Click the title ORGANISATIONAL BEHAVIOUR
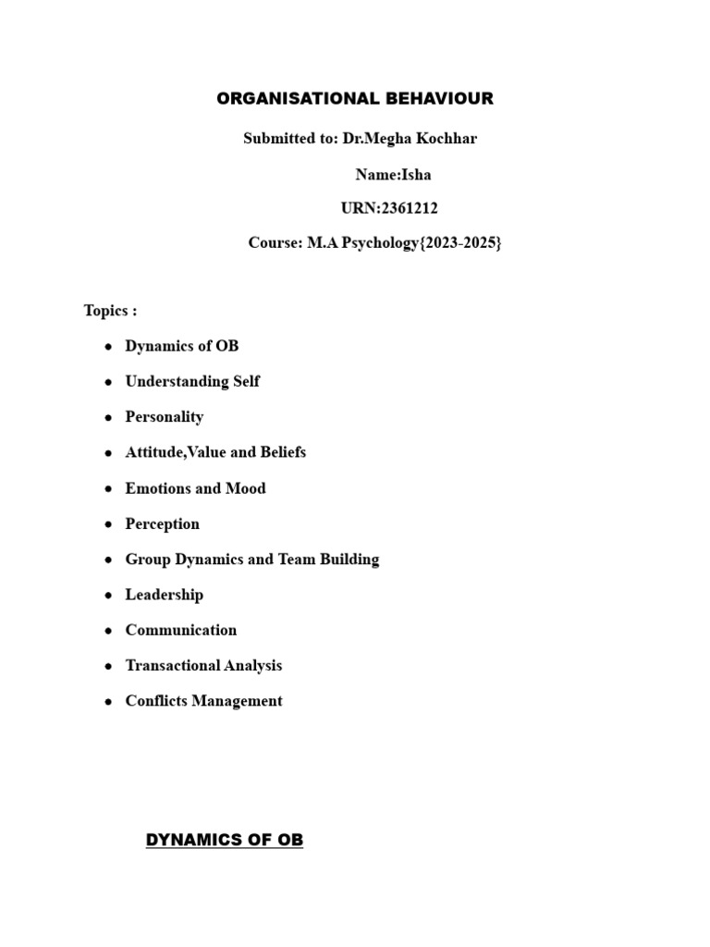[x=355, y=99]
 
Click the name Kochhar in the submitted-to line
[x=447, y=139]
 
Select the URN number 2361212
[x=410, y=209]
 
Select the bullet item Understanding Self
[x=192, y=381]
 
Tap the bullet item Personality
[x=165, y=417]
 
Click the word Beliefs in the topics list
[x=278, y=452]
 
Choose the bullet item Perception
[x=163, y=523]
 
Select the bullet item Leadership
[x=165, y=595]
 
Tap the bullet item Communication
[x=181, y=630]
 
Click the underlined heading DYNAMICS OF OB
[x=225, y=840]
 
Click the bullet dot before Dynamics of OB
[x=108, y=347]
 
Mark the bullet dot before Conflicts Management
[x=108, y=702]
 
